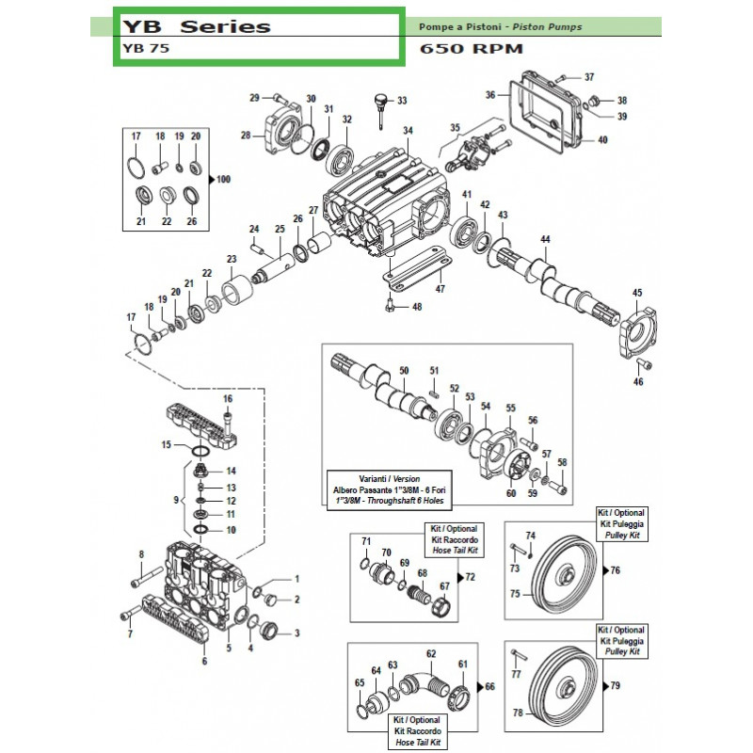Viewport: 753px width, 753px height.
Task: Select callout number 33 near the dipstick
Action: coord(402,101)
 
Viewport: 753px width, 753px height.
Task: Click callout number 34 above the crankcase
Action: coord(408,130)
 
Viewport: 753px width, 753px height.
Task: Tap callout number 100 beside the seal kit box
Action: coord(223,179)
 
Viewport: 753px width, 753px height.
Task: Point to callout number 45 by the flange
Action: coord(637,293)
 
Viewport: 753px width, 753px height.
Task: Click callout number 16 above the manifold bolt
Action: coord(227,399)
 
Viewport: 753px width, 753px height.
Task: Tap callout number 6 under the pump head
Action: coord(204,661)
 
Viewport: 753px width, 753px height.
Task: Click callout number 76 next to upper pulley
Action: coord(616,570)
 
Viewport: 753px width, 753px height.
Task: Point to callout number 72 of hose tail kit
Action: coord(471,575)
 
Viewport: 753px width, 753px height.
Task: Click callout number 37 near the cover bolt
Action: coord(589,77)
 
